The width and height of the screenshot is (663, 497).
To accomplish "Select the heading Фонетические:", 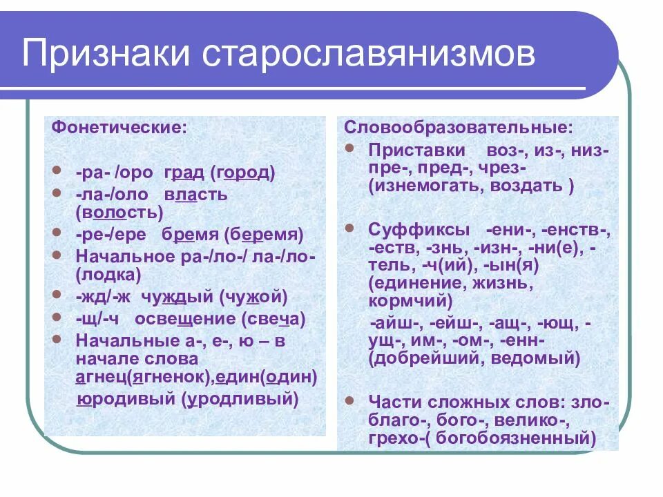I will pos(119,128).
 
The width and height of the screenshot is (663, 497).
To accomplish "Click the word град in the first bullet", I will pos(183,173).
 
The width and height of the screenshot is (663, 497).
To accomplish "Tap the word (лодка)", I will pos(108,275).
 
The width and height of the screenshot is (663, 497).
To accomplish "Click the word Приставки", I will pos(417,150).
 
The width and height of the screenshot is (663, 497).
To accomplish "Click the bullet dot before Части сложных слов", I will pos(351,399).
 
